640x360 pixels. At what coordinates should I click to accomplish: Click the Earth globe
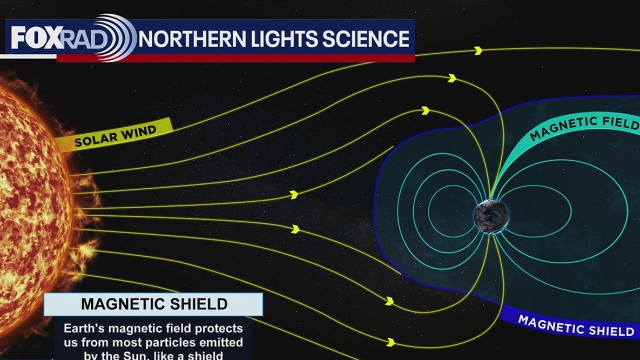point(491,216)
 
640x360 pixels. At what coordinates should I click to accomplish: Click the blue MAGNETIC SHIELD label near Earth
point(575,325)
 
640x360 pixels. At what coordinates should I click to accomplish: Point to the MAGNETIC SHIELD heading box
point(153,304)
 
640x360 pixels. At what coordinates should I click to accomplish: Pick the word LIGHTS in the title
point(282,39)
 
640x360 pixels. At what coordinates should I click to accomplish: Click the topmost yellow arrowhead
point(478,50)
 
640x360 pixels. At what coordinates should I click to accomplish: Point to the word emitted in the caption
point(217,342)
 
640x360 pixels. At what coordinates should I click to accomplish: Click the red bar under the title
point(235,58)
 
